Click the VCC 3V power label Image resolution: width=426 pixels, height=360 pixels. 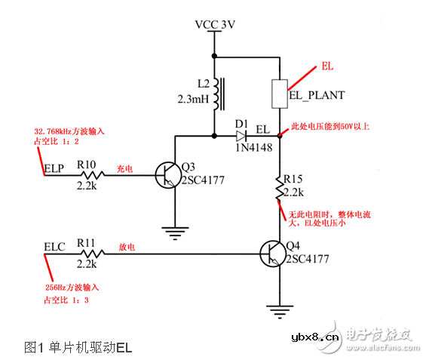coord(216,24)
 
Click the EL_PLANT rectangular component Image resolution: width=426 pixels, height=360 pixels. coord(279,93)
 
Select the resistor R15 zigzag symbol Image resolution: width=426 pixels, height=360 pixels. coord(279,191)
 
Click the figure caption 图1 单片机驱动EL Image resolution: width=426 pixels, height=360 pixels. coord(78,346)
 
